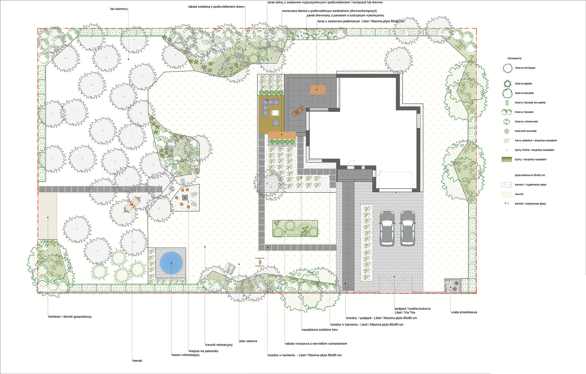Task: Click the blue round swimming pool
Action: (172, 263)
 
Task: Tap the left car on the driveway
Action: (387, 228)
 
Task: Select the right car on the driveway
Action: (407, 228)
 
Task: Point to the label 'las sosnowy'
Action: (119, 9)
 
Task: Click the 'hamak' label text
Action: (137, 361)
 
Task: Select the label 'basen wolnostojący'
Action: (186, 355)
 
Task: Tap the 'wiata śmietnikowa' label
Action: (464, 312)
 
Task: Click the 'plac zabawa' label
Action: (248, 341)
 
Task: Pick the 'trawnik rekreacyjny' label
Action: (219, 345)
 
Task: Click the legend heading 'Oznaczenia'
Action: (514, 58)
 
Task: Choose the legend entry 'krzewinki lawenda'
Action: (526, 131)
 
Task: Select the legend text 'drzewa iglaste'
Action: (523, 83)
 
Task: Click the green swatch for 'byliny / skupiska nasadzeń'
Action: (507, 159)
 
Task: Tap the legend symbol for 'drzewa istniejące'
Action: (508, 68)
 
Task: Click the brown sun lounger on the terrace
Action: (298, 111)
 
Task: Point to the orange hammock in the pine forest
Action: (132, 204)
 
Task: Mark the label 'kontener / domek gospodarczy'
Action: (70, 317)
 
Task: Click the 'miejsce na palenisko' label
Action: (203, 351)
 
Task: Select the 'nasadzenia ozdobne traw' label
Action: (320, 330)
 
